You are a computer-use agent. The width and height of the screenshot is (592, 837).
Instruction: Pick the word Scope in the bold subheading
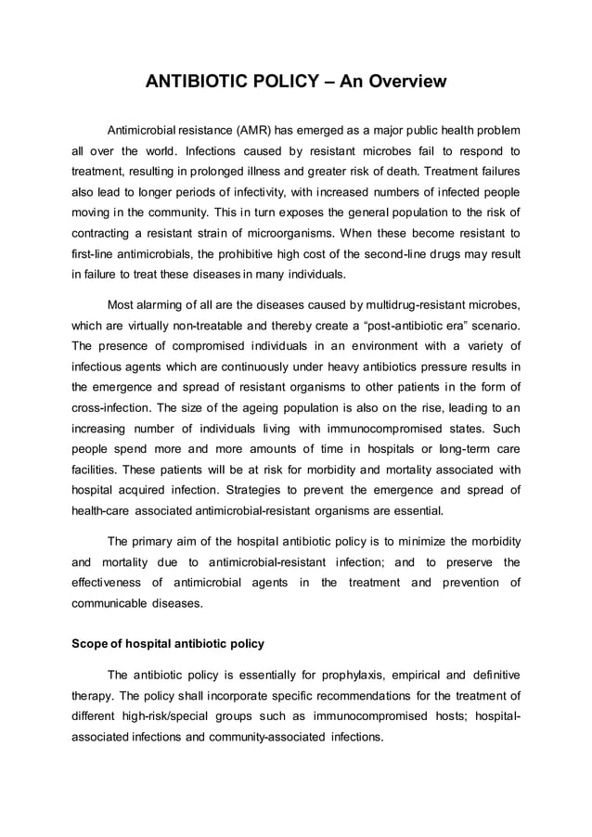coord(92,644)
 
